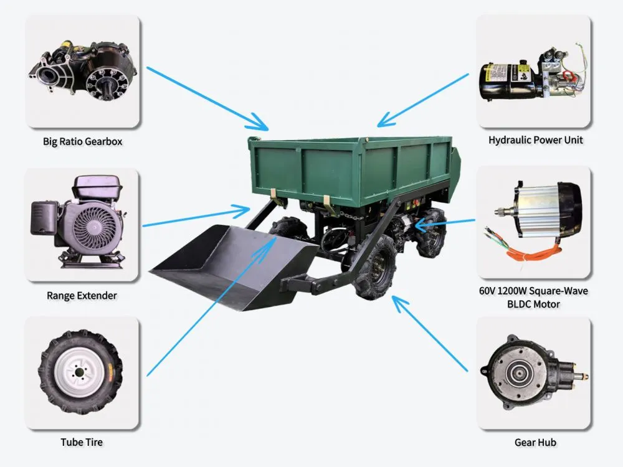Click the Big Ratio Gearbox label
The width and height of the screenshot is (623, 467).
tap(83, 141)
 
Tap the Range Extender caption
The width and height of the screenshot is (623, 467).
tap(82, 295)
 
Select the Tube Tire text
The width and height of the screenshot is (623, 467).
tap(82, 442)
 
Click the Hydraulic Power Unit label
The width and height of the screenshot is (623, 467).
tap(536, 139)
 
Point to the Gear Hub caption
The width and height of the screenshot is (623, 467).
tap(535, 442)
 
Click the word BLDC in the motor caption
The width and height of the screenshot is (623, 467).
tap(520, 304)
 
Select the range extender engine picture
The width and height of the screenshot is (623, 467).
tap(78, 222)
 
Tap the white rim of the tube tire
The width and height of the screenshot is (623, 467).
tap(80, 372)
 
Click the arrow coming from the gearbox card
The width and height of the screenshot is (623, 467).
tap(207, 98)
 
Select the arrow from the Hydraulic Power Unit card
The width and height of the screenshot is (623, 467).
tap(422, 100)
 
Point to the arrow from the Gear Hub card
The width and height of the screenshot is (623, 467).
tap(429, 333)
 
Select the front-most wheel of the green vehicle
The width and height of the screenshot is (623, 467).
tap(376, 267)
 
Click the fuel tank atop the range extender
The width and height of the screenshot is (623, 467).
tap(97, 187)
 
